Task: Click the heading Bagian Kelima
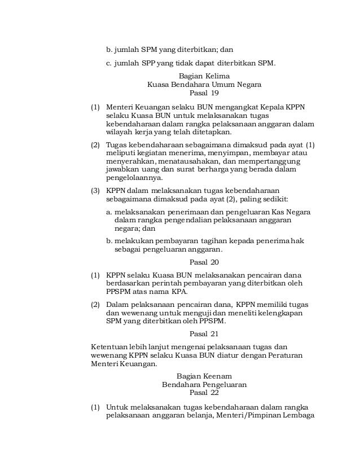click(204, 75)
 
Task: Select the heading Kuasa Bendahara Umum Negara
click(204, 84)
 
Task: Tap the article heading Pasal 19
click(204, 93)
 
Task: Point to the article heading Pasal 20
click(204, 262)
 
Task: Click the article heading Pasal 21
click(204, 333)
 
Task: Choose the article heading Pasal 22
click(204, 393)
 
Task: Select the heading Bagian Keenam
click(204, 376)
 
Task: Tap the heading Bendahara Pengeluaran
click(204, 385)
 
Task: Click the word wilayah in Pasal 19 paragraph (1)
click(119, 132)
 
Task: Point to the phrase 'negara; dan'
click(135, 229)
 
